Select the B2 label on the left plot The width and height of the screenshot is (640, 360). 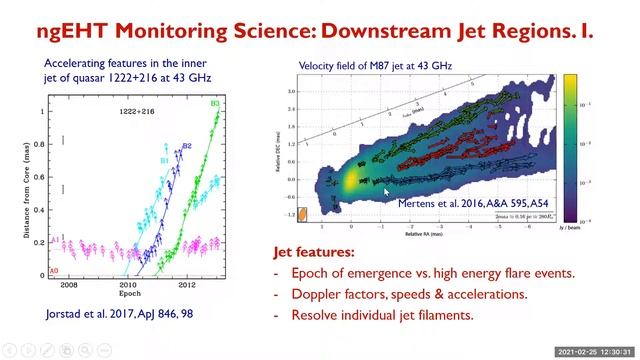[186, 146]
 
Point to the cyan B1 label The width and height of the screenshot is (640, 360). [165, 159]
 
